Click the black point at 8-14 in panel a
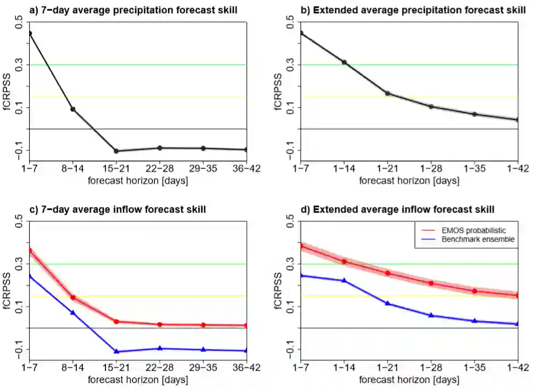72,109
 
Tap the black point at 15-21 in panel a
116,151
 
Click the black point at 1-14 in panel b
344,62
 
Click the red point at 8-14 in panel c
72,297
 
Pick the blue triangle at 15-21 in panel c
116,351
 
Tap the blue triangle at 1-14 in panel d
344,280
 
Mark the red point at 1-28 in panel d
431,283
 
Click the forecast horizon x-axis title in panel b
408,181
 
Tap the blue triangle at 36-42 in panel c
246,350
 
